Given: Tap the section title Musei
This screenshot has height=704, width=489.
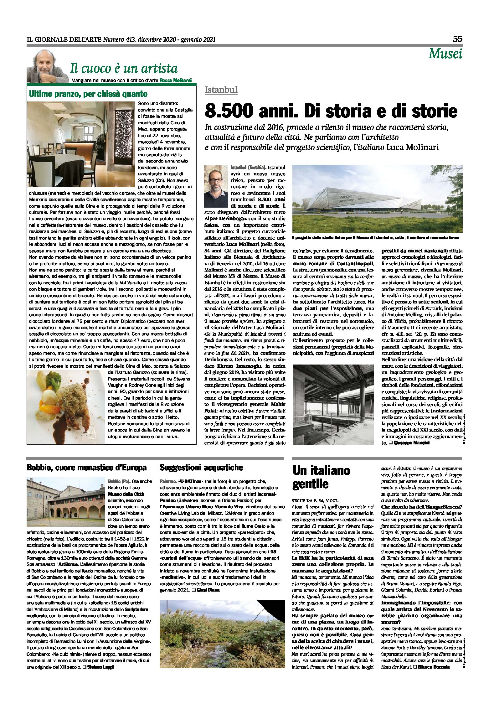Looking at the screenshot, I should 445,54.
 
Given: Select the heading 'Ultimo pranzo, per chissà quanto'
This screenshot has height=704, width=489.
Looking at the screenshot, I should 88,94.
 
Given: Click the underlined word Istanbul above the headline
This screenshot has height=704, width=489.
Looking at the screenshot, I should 221,90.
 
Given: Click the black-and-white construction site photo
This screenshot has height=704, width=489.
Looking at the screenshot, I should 333,404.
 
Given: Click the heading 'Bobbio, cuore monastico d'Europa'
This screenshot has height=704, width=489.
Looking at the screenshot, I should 86,468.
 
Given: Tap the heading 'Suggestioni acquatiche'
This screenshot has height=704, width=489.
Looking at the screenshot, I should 201,468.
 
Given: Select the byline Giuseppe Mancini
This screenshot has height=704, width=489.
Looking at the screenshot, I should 411,443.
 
